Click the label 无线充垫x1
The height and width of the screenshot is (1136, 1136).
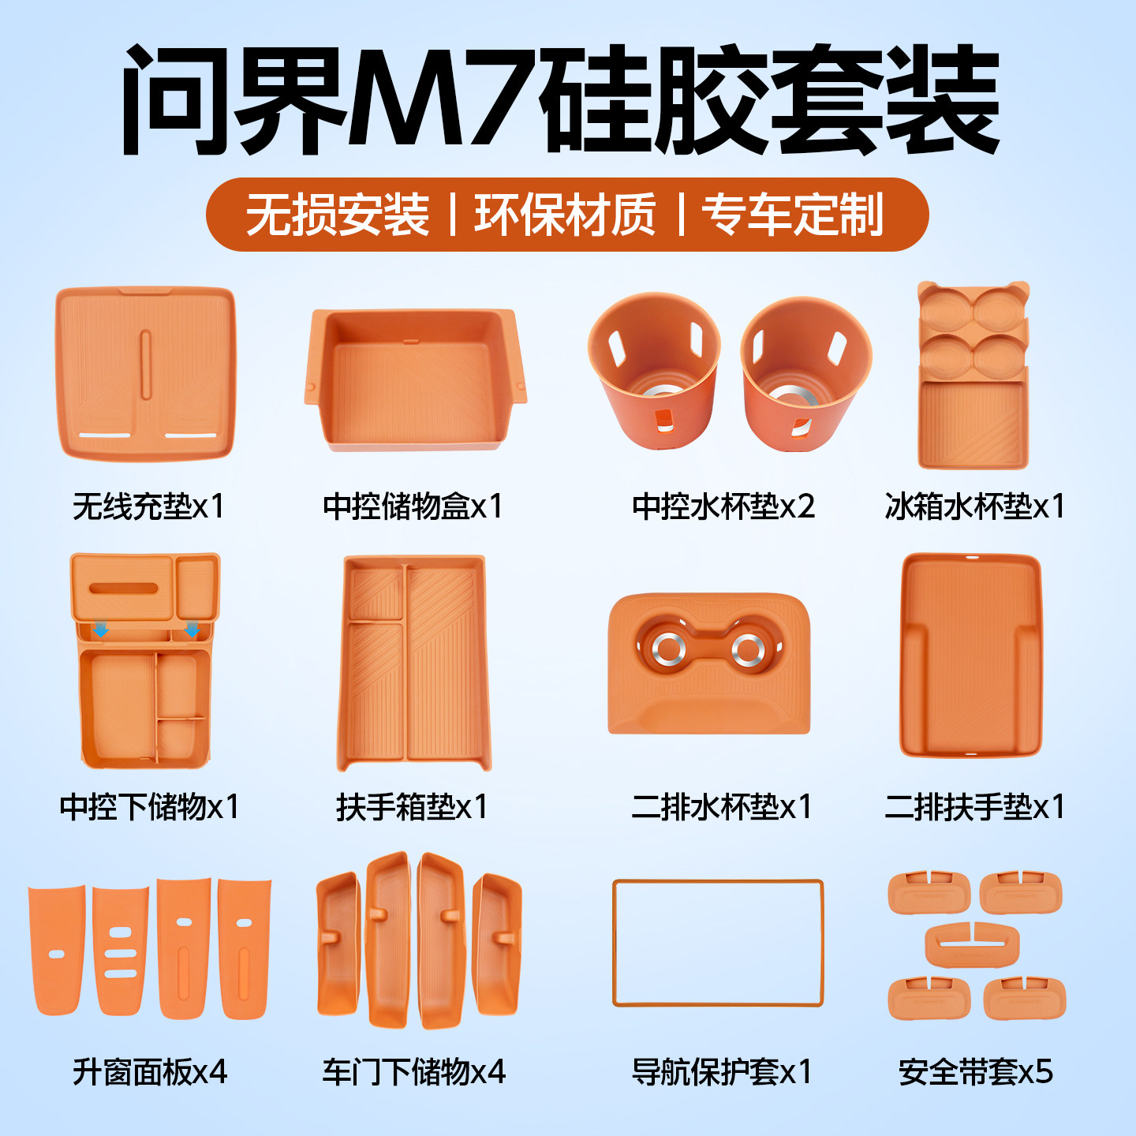pyautogui.click(x=148, y=506)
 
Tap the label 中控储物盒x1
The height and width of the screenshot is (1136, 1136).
pyautogui.click(x=413, y=506)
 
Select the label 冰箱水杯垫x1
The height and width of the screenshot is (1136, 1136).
pyautogui.click(x=974, y=506)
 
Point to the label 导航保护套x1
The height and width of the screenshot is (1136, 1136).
pyautogui.click(x=722, y=1071)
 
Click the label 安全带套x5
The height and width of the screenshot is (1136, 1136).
pyautogui.click(x=976, y=1071)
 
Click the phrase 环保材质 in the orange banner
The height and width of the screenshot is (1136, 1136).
pyautogui.click(x=565, y=215)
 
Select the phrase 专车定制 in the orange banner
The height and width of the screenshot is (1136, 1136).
pyautogui.click(x=793, y=215)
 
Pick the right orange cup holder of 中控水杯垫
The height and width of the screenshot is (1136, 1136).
pyautogui.click(x=806, y=374)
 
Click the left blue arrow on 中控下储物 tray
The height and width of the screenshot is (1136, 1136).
pyautogui.click(x=102, y=631)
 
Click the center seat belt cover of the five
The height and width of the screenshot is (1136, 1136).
pyautogui.click(x=972, y=945)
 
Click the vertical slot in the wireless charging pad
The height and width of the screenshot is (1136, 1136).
pyautogui.click(x=145, y=364)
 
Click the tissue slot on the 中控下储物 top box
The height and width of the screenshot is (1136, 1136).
pyautogui.click(x=123, y=589)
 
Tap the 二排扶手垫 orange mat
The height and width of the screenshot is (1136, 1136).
pyautogui.click(x=970, y=654)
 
